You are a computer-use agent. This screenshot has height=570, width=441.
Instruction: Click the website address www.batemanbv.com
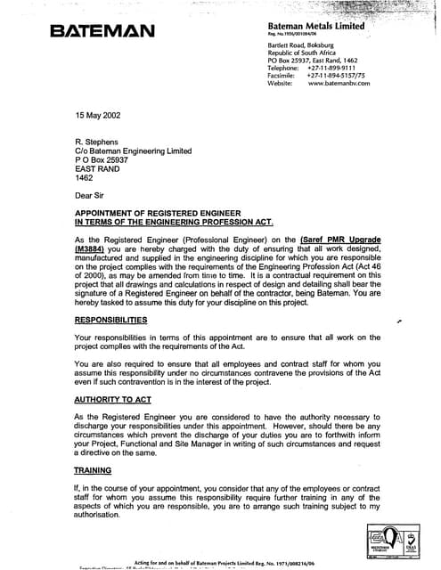coord(339,83)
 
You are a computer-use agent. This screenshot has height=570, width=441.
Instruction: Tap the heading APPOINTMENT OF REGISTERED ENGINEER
coord(168,214)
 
